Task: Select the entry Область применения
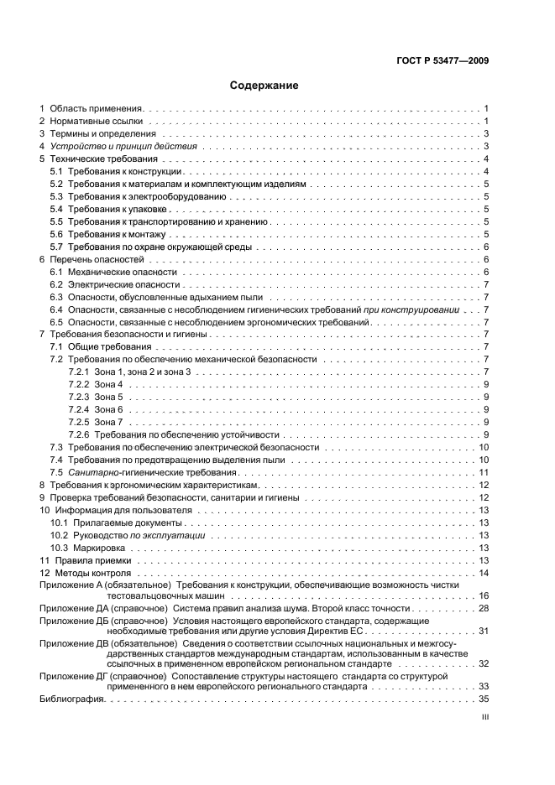tap(97, 109)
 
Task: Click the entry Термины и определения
tap(102, 134)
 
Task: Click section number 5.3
tap(56, 196)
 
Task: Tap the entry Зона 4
tap(108, 384)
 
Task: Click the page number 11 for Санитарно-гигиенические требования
tap(484, 472)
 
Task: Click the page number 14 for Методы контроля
tap(484, 572)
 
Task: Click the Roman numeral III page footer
tap(484, 718)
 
